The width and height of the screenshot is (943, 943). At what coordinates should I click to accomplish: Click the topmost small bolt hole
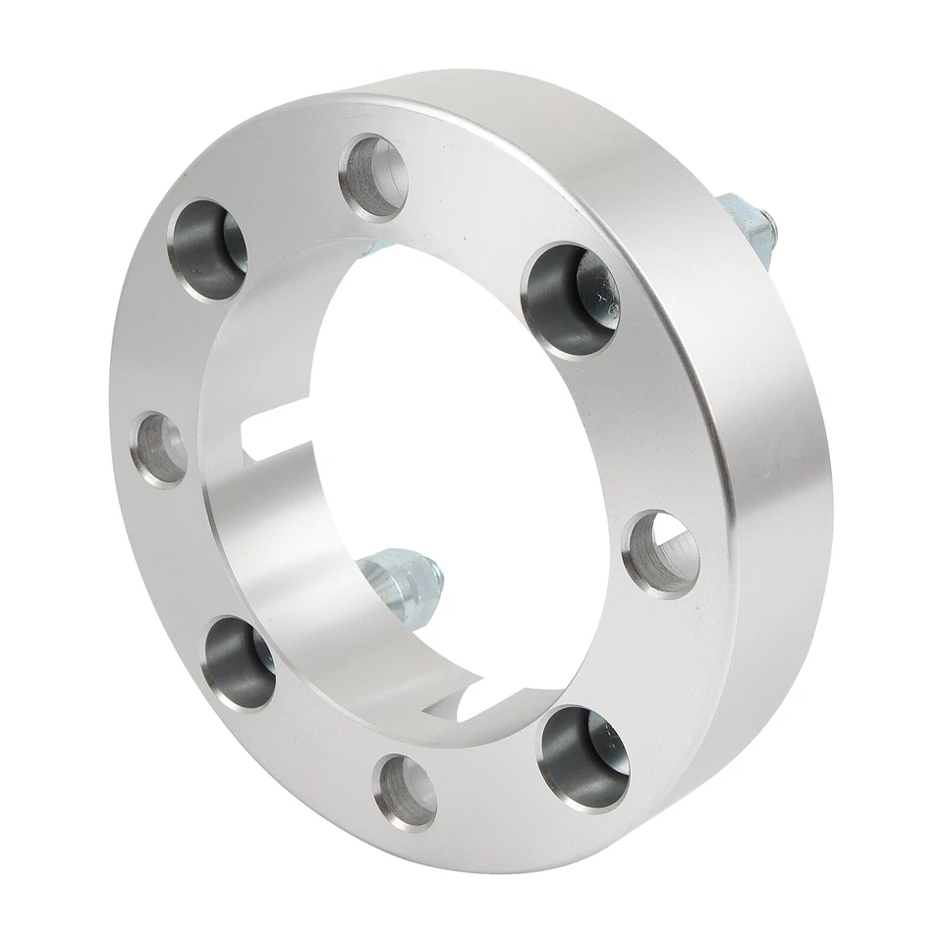tap(376, 177)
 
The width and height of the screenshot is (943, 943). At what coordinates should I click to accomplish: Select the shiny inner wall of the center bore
tap(285, 550)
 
